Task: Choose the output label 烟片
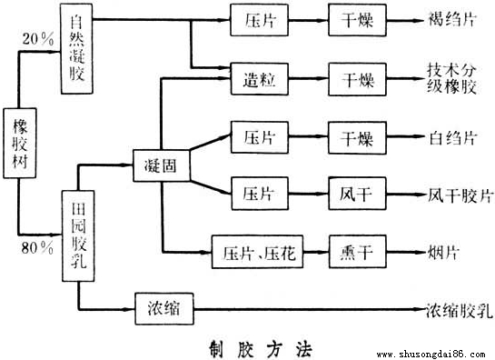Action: (x=445, y=250)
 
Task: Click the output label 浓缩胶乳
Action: (x=460, y=309)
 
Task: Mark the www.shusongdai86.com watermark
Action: (x=431, y=352)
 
